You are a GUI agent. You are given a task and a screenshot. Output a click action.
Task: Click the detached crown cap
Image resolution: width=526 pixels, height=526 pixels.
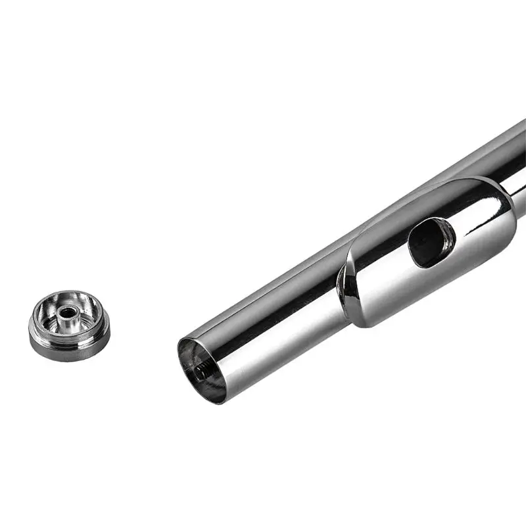[69, 325]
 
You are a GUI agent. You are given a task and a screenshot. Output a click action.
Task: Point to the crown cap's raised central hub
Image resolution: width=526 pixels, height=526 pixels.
[68, 315]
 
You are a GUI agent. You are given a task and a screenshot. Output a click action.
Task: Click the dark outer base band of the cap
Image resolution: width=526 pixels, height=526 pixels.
[69, 348]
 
